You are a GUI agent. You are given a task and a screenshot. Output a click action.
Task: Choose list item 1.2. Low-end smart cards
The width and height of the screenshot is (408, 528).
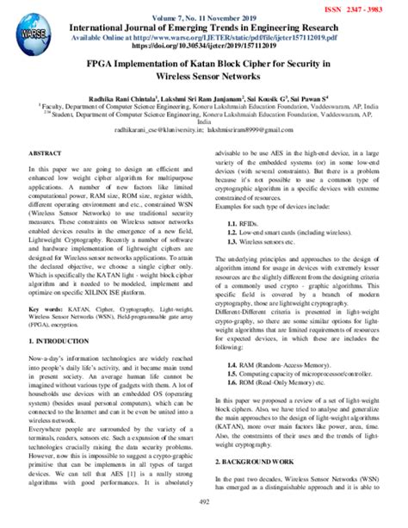[293, 233]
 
